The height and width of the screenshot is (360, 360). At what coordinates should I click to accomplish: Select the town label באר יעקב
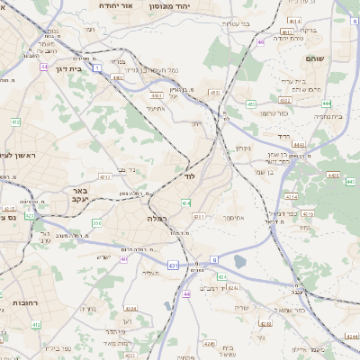pos(80,197)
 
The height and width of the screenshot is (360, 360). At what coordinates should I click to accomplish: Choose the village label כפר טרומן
pos(274,113)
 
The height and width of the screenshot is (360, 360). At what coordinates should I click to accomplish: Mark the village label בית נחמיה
pos(328,116)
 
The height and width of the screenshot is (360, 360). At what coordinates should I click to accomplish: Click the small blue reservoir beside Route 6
pos(238,262)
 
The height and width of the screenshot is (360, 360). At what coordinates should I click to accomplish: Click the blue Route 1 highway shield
pos(110,80)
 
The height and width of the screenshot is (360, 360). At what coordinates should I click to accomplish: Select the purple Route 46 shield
pos(260,41)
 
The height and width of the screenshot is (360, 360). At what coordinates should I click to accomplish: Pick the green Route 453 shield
pos(214,92)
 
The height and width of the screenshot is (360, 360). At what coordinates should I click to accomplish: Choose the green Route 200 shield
pos(97,222)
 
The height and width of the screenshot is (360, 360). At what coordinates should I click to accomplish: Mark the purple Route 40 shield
pos(123,259)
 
